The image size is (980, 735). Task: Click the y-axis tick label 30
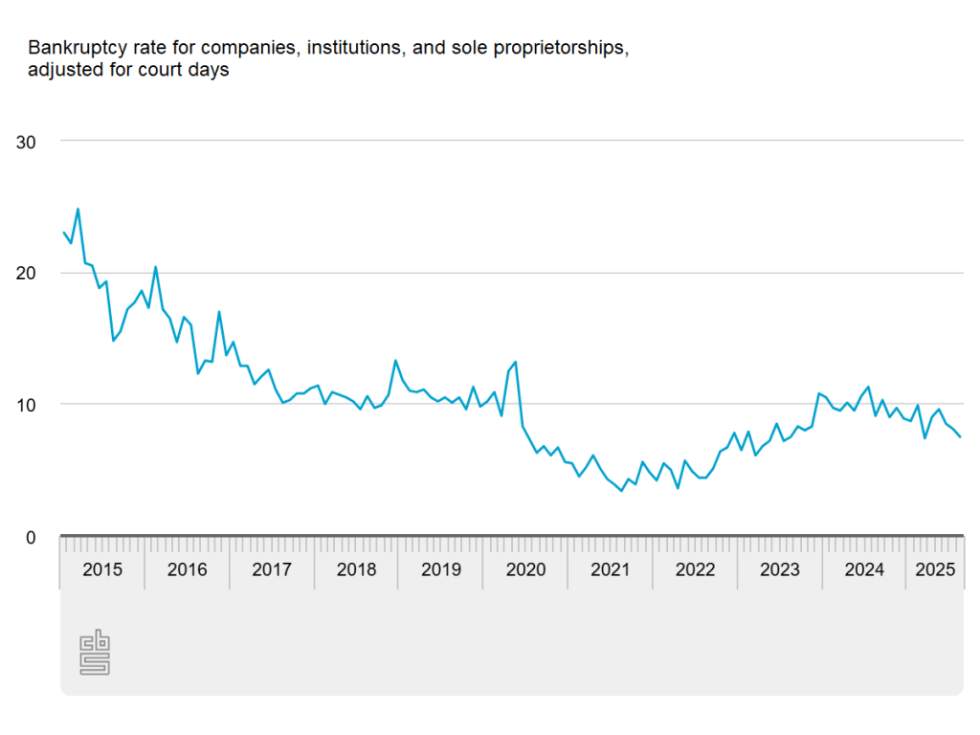pos(27,142)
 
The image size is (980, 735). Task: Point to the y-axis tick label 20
pos(27,274)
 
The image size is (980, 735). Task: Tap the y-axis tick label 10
pos(27,405)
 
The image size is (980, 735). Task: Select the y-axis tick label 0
pos(31,538)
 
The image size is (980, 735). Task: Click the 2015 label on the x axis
pos(101,570)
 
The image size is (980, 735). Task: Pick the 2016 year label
pos(187,570)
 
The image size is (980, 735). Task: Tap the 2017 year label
pos(272,570)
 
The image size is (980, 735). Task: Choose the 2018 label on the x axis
pos(357,570)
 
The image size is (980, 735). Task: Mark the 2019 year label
pos(441,570)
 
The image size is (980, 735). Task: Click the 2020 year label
pos(525,570)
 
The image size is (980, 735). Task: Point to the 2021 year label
pos(611,570)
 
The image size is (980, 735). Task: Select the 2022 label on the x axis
pos(696,570)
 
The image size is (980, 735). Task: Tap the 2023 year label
pos(780,570)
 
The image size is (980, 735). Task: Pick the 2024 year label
pos(865,570)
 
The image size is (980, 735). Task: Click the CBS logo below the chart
pos(94,653)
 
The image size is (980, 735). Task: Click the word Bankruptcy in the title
pos(73,48)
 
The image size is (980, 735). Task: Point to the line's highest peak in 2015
pos(78,209)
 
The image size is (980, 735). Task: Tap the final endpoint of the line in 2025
pos(961,436)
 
